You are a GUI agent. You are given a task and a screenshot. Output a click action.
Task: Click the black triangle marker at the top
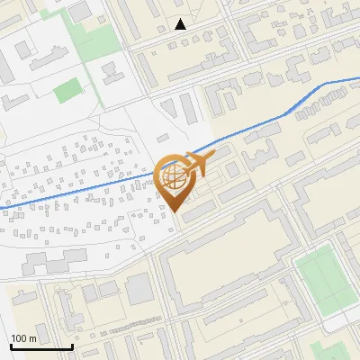coord(181,24)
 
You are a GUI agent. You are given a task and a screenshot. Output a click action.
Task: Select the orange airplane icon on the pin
coord(196,163)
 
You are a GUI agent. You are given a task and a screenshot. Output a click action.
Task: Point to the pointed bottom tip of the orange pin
coord(174,211)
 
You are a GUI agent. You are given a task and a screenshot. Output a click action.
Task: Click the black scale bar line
coord(41,346)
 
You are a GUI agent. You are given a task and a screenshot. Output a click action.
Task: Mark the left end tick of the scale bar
coord(11,345)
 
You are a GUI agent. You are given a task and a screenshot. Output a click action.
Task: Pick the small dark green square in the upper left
coord(67,91)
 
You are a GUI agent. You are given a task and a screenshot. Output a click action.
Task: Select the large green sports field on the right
coord(324,278)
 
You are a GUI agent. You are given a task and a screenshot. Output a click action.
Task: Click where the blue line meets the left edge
coord(1,209)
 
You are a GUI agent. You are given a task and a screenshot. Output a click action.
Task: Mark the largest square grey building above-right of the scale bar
coord(139,289)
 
